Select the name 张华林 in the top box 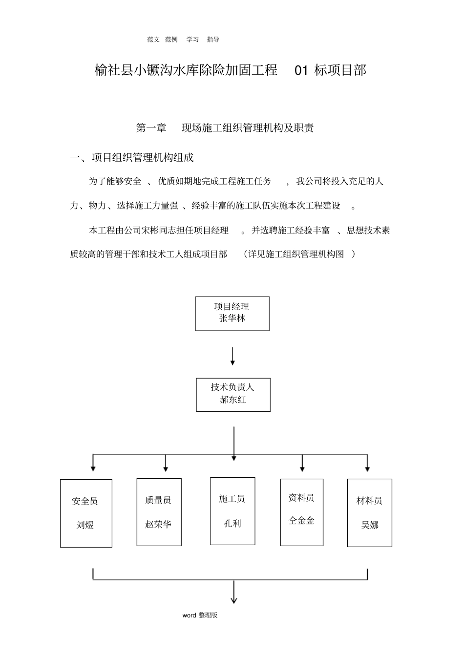[x=232, y=318]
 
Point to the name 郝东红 [x=233, y=400]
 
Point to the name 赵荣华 [x=158, y=525]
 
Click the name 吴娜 [x=369, y=526]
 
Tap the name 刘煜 [x=85, y=526]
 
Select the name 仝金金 [x=301, y=521]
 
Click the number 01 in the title [x=301, y=70]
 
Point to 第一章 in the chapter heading [x=151, y=128]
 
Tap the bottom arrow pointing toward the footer [x=234, y=593]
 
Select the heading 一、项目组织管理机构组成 [x=132, y=157]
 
